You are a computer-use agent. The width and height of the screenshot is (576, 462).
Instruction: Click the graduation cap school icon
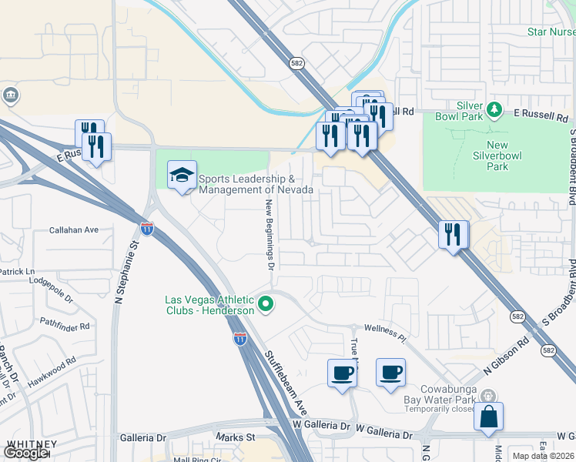182,176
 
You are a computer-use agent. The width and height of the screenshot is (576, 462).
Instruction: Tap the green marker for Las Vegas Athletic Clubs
266,305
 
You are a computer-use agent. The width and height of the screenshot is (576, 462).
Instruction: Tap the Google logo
25,453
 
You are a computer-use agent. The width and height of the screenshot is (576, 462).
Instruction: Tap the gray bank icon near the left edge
11,95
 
